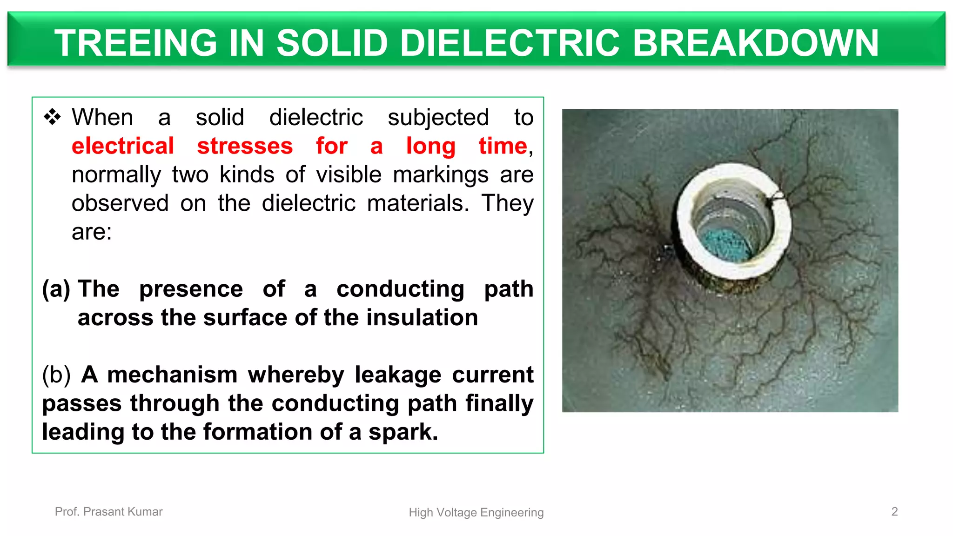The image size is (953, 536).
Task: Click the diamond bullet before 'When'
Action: click(52, 117)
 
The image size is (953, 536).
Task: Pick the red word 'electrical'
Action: click(123, 146)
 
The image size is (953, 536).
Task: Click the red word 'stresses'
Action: click(245, 146)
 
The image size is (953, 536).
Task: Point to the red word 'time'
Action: click(503, 146)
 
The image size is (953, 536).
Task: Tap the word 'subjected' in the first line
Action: click(438, 117)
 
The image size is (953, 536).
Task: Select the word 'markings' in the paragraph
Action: click(441, 174)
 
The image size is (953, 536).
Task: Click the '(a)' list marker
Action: click(56, 289)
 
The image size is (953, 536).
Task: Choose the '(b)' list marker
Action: click(56, 375)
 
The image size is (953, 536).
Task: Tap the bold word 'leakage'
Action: click(398, 375)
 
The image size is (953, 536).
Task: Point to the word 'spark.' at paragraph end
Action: click(403, 432)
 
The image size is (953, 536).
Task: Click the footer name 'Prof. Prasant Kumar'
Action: click(108, 511)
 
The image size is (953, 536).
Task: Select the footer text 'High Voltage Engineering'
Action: click(476, 512)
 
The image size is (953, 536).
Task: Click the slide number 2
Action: click(894, 511)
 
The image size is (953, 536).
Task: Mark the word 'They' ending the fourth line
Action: click(507, 203)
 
